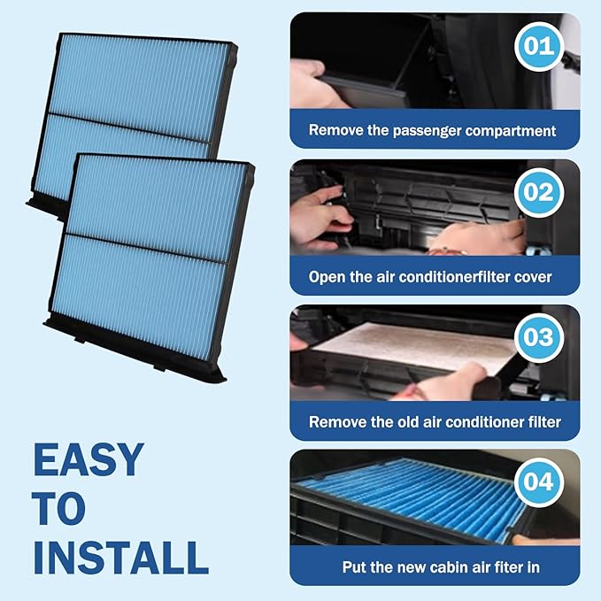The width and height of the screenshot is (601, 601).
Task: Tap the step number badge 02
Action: (x=538, y=192)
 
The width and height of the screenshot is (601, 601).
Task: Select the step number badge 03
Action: (x=538, y=337)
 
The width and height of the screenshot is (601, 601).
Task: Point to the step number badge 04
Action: (x=538, y=482)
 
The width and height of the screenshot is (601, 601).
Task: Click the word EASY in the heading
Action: (x=88, y=460)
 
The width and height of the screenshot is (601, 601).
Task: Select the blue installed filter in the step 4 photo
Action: (x=416, y=496)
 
